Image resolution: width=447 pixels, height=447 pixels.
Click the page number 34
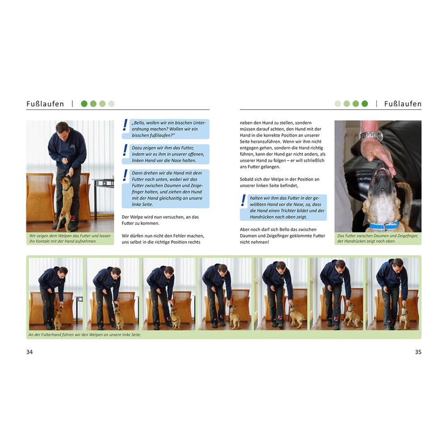coord(30,352)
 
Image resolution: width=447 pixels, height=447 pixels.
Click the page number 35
coord(418,352)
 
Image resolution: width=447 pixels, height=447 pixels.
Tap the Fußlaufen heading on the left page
coord(45,104)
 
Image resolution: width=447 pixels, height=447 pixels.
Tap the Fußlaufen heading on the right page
coord(403,104)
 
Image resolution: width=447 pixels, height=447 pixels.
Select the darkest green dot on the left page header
coord(84,104)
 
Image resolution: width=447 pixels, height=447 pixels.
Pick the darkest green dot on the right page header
coord(365,104)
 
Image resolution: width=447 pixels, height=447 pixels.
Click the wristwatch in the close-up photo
coord(372,135)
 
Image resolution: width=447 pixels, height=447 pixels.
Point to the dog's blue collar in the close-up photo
coord(384,226)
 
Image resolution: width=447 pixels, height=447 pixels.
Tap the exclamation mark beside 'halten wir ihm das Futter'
coord(243,200)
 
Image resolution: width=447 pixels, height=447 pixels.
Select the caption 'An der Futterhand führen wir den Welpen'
coord(84,335)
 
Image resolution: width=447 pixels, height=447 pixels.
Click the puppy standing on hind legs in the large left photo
coord(66,202)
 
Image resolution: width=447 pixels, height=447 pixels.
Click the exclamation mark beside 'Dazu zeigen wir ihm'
coord(125,150)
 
